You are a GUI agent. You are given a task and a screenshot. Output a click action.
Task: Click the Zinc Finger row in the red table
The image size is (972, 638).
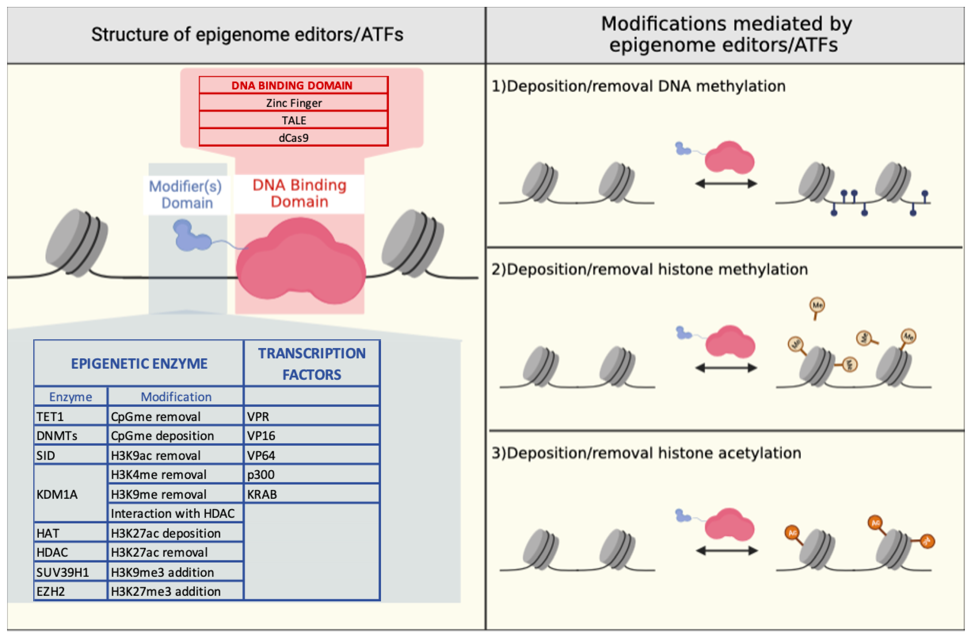tap(293, 103)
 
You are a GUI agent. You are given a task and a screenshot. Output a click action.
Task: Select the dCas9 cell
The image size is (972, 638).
tap(293, 138)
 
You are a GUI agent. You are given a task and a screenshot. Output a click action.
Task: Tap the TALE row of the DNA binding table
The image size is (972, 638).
tap(293, 120)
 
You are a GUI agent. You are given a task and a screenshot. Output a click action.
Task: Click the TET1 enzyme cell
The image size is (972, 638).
tap(70, 416)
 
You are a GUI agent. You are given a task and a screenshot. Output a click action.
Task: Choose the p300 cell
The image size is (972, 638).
tap(311, 475)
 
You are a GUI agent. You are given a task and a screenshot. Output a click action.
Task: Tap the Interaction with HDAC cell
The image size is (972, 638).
tap(176, 513)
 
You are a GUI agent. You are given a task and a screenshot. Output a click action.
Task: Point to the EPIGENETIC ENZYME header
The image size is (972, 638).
tap(139, 363)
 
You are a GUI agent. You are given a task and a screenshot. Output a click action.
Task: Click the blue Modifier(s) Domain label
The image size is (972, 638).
tap(186, 194)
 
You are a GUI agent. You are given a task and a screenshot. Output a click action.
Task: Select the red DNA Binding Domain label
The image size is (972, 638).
tap(299, 193)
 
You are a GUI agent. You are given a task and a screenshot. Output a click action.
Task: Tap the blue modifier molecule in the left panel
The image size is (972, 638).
tap(190, 236)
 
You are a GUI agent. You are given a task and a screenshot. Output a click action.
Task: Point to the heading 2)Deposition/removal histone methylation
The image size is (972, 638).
tap(649, 269)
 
